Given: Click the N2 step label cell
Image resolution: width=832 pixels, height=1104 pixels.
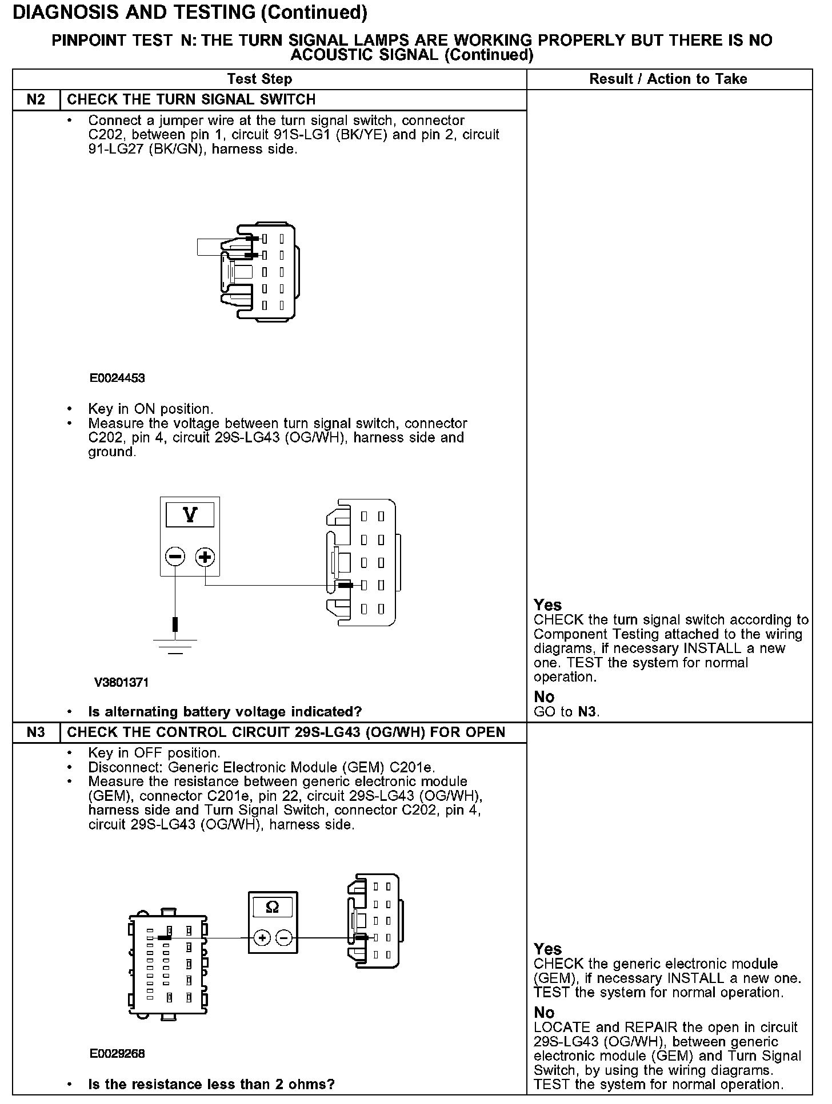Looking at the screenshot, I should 36,100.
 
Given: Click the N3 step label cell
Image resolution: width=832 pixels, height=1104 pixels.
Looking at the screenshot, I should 36,732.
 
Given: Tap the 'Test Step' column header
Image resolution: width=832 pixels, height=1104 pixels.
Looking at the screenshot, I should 259,79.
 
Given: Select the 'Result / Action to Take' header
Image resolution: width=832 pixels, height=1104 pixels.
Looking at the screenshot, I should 668,79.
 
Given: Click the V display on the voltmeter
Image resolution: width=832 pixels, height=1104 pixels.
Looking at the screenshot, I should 190,515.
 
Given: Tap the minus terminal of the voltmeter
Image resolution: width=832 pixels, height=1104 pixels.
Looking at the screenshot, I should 175,557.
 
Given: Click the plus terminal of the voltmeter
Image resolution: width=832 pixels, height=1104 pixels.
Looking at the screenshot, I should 205,557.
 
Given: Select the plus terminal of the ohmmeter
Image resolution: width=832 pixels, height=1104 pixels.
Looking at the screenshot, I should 262,937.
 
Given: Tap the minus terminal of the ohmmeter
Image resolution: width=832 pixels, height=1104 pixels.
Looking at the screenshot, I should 284,937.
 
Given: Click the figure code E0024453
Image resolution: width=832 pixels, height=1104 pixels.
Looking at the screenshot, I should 117,378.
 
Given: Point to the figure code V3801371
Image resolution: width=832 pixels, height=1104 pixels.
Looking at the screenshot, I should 121,682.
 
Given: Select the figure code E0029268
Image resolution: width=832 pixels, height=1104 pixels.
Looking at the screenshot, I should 117,1054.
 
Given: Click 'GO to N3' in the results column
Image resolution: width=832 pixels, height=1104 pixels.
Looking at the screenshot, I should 566,711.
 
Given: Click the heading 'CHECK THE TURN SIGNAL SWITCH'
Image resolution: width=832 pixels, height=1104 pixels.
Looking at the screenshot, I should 191,100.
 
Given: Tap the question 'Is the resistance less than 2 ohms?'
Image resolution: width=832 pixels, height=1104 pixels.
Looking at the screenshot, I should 211,1084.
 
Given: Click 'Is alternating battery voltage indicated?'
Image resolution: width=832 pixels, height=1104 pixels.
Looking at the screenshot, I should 225,712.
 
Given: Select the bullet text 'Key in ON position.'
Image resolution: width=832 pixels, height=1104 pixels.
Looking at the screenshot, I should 151,409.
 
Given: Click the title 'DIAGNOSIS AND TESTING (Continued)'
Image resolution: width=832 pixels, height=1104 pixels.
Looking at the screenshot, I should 190,13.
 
